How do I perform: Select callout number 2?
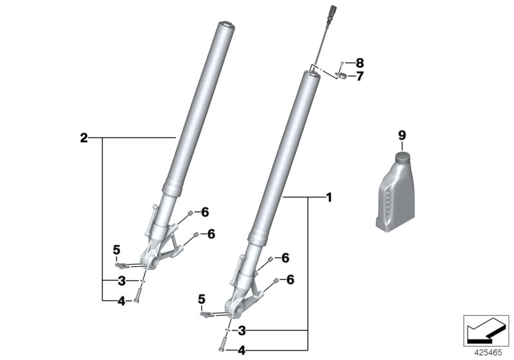pos(84,138)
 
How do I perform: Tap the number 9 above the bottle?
pos(402,135)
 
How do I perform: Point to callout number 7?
pos(360,76)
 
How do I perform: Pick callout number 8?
pos(359,63)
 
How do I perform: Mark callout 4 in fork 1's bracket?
pos(242,351)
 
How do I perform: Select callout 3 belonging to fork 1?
pos(242,331)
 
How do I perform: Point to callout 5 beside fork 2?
pos(117,249)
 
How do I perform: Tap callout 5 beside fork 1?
pos(201,299)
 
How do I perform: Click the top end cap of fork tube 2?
pos(226,26)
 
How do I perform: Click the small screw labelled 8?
pos(343,63)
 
